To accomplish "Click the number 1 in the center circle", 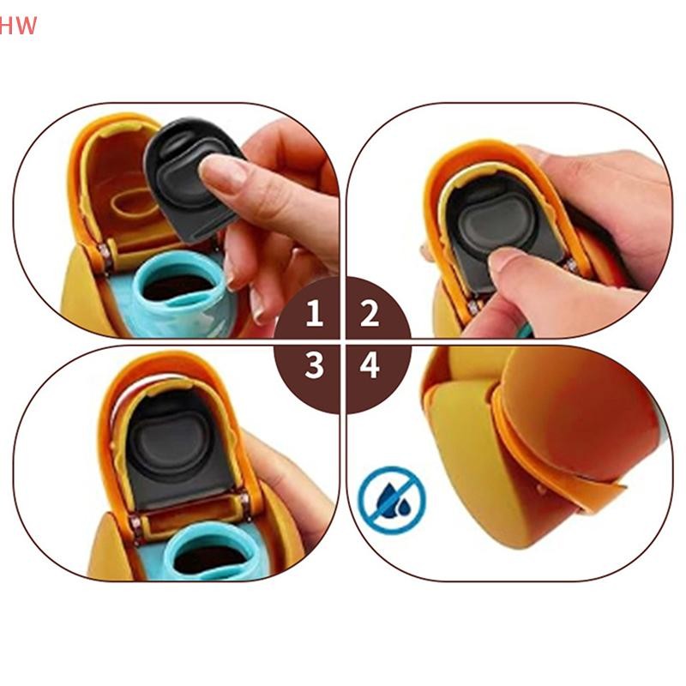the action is pyautogui.click(x=314, y=313).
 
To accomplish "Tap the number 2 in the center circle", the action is pyautogui.click(x=370, y=313).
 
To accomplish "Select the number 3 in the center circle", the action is pyautogui.click(x=314, y=365).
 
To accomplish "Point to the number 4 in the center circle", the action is pyautogui.click(x=370, y=365).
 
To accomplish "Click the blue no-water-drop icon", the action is pyautogui.click(x=392, y=499).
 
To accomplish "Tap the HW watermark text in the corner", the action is pyautogui.click(x=17, y=26).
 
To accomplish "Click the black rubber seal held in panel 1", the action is pyautogui.click(x=191, y=178).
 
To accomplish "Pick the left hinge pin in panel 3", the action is pyautogui.click(x=135, y=522).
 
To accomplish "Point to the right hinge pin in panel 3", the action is pyautogui.click(x=244, y=500).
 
